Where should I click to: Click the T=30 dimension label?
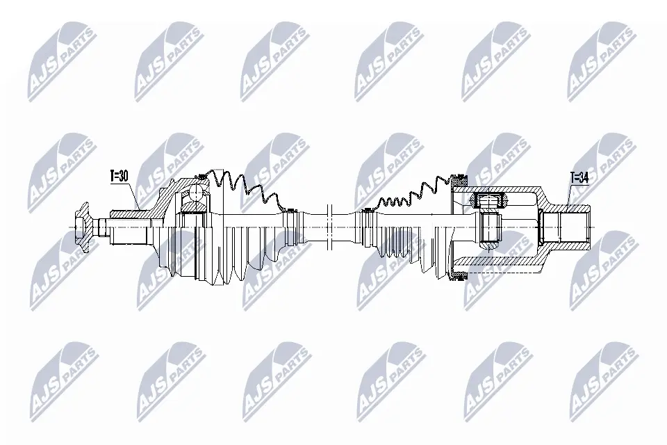[119, 176]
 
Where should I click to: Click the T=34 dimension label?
[579, 178]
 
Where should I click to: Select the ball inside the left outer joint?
[196, 193]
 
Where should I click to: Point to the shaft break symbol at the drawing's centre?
[329, 227]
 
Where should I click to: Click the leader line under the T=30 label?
[134, 195]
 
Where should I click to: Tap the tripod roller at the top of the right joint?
[488, 200]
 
